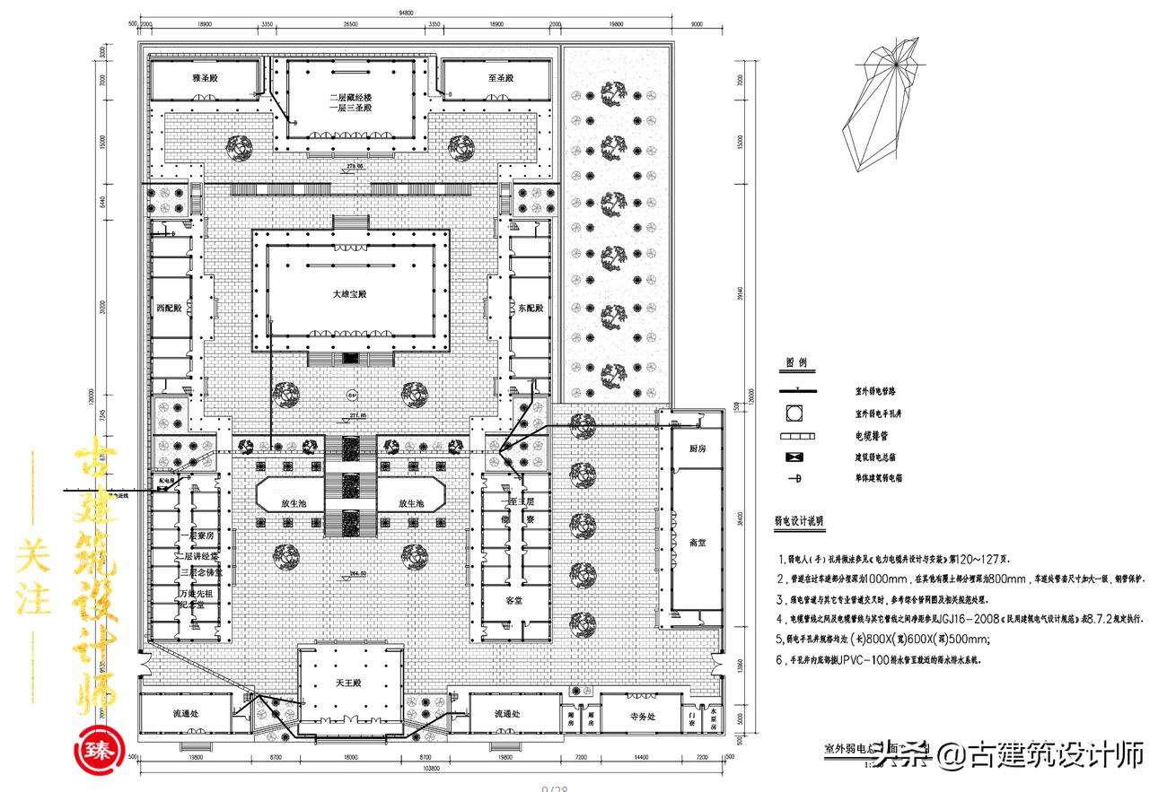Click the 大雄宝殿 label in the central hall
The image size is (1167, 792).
351,294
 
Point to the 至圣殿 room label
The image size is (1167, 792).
500,79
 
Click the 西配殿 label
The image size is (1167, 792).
168,308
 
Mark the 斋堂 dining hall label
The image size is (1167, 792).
698,542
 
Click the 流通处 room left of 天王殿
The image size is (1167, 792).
189,714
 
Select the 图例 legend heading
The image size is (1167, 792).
796,363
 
